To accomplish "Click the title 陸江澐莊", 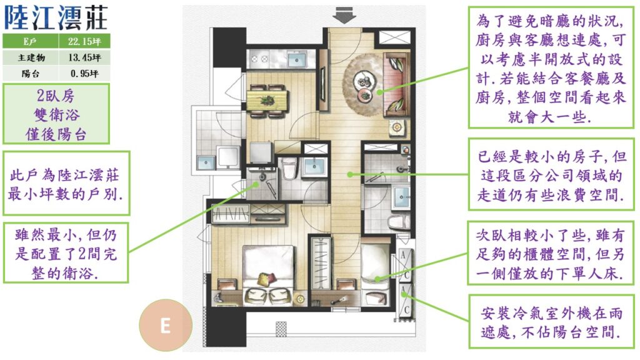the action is pyautogui.click(x=56, y=17).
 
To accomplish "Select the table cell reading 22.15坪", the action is pyautogui.click(x=84, y=41).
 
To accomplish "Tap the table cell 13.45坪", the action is pyautogui.click(x=84, y=57).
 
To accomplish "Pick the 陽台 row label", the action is pyautogui.click(x=31, y=74).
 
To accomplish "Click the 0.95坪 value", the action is pyautogui.click(x=84, y=74).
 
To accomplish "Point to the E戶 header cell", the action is pyautogui.click(x=30, y=41).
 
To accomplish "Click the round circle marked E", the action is pyautogui.click(x=165, y=325).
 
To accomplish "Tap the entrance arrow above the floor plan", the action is pyautogui.click(x=344, y=16).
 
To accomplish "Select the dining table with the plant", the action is pyautogui.click(x=267, y=101).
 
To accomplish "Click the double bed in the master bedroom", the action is pyautogui.click(x=267, y=274).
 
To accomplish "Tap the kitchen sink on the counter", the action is pyautogui.click(x=297, y=60).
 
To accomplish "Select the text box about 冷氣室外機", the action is pyautogui.click(x=551, y=322).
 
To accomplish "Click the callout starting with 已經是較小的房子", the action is pyautogui.click(x=551, y=175).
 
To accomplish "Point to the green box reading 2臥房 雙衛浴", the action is pyautogui.click(x=56, y=114).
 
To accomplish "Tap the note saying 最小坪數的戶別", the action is pyautogui.click(x=66, y=184).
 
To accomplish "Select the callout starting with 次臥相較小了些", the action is pyautogui.click(x=551, y=254).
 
